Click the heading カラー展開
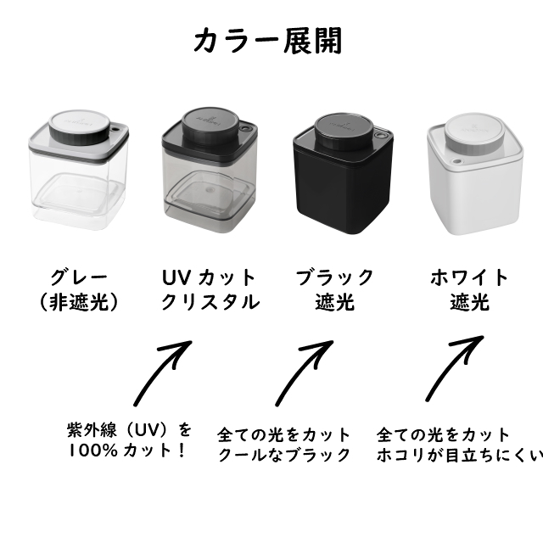pos(268,41)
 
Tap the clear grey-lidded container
pos(79,170)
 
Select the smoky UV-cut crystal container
pos(210,170)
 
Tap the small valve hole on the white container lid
pos(457,161)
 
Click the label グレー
pos(79,277)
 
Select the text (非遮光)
pos(79,302)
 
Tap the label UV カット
pos(210,277)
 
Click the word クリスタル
pos(210,302)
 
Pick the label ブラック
pos(334,277)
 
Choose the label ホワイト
pos(469,277)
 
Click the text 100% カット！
pos(127,451)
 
